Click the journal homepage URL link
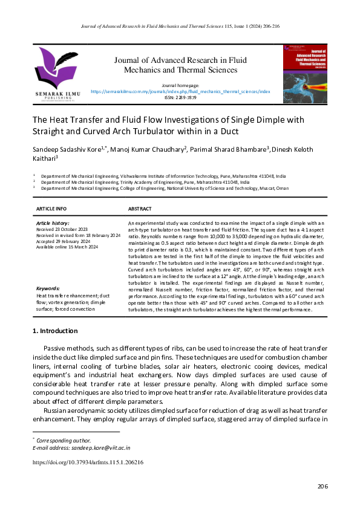[x=180, y=92]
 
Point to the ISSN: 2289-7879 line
[x=180, y=97]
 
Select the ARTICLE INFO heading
[x=51, y=209]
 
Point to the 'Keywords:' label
[x=48, y=289]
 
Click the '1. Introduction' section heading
[x=54, y=331]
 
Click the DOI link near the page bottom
[x=88, y=462]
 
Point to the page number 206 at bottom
[x=322, y=487]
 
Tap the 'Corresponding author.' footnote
[x=64, y=441]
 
